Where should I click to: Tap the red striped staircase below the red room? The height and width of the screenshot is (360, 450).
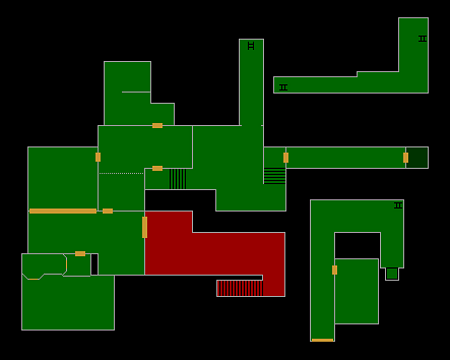[x=240, y=288]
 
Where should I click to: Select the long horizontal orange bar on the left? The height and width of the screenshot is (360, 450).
[x=62, y=211]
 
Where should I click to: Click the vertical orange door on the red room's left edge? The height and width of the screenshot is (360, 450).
[x=144, y=227]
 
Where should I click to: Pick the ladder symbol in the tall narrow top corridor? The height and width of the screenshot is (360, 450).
[x=251, y=45]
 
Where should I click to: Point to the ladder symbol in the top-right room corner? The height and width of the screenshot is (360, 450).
[x=422, y=39]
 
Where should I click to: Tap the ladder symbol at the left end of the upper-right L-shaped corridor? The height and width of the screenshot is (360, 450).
[x=283, y=88]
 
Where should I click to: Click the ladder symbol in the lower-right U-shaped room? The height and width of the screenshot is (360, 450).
[x=398, y=206]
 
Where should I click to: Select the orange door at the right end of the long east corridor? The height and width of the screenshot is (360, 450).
[x=405, y=157]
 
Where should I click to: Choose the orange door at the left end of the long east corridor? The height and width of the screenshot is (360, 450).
[x=286, y=157]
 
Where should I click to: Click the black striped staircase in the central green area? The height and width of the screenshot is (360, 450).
[x=177, y=179]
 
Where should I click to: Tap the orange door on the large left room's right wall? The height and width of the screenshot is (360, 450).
[x=98, y=157]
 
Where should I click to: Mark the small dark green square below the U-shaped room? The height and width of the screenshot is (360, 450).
[x=392, y=273]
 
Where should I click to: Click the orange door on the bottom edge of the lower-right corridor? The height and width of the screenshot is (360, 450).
[x=322, y=340]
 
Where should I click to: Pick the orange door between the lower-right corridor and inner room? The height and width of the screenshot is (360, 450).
[x=334, y=270]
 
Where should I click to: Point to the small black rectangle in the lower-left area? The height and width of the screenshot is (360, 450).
[x=94, y=264]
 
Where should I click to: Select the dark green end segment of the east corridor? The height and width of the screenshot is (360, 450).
[x=417, y=157]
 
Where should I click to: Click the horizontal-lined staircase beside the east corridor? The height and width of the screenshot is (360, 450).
[x=274, y=175]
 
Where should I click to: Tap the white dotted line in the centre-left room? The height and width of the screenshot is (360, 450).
[x=121, y=173]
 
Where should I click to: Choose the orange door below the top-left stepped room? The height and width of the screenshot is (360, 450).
[x=157, y=125]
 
